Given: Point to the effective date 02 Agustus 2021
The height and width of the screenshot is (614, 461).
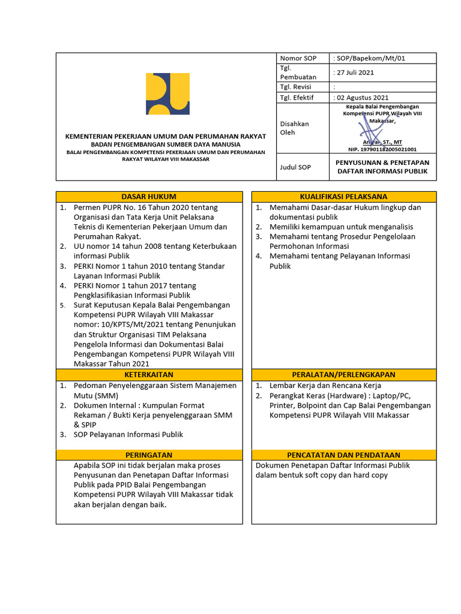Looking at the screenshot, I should (361, 97).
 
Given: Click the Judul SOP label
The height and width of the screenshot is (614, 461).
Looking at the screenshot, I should (295, 167).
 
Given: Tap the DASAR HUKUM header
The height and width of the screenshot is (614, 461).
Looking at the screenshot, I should (149, 197).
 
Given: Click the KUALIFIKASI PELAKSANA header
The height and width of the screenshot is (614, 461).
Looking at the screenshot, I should (343, 197).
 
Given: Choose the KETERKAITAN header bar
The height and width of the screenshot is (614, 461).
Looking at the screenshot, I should (149, 375).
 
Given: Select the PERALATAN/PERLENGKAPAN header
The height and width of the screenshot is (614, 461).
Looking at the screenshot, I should (343, 375).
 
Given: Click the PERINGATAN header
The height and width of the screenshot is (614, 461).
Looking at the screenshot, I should (149, 455).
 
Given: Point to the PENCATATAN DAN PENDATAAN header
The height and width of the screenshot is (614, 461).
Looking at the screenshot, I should (343, 455).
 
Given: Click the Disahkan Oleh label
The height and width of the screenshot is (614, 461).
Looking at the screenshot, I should (295, 128).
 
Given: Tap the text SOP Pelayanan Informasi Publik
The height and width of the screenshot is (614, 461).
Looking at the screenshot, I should (128, 435).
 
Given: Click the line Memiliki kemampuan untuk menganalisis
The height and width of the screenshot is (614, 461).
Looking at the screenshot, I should (341, 227).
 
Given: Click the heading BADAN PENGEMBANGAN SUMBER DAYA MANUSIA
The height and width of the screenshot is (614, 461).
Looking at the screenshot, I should (166, 145).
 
